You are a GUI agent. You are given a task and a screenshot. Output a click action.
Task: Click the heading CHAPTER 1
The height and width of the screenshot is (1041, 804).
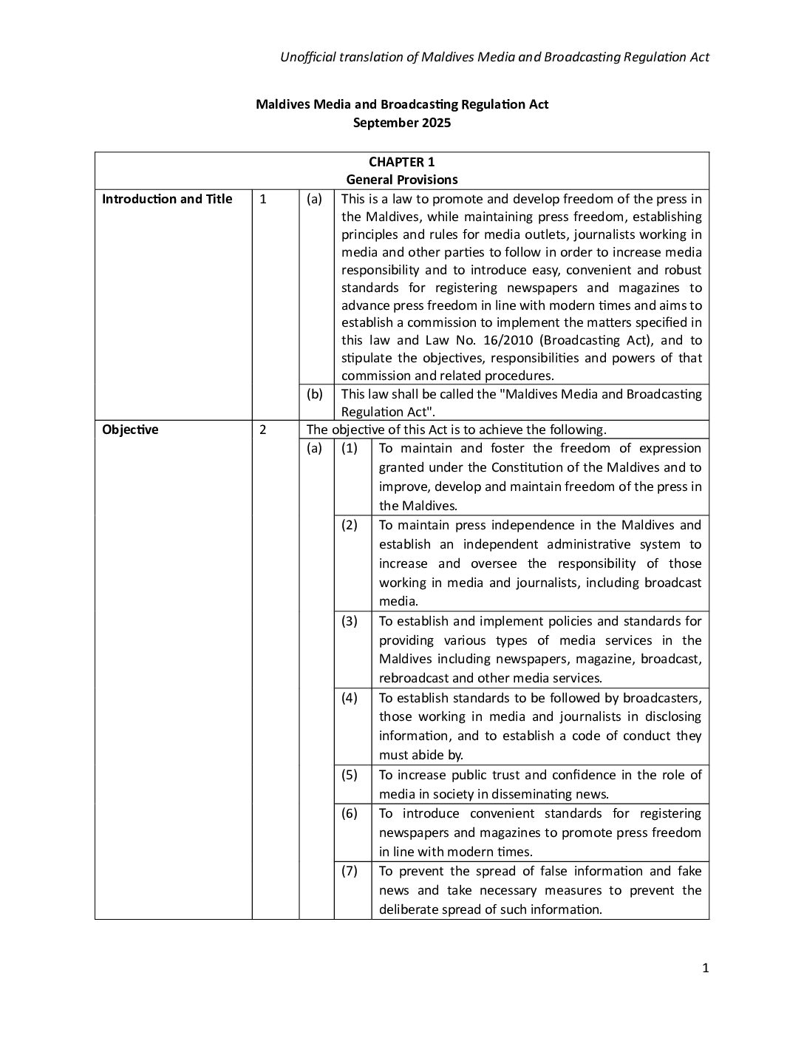click(401, 162)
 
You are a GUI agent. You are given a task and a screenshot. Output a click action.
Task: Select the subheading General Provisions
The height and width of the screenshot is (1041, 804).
click(401, 180)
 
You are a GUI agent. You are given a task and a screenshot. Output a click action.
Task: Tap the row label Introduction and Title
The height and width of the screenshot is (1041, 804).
click(167, 199)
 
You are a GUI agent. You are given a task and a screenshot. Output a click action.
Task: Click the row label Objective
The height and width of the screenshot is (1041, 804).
click(130, 430)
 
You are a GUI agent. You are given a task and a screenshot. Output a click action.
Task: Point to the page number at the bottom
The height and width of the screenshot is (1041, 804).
click(705, 969)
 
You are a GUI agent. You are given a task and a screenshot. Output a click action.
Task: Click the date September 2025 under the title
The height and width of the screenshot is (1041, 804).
click(401, 123)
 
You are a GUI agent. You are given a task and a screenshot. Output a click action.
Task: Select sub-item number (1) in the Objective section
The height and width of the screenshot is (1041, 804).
click(350, 448)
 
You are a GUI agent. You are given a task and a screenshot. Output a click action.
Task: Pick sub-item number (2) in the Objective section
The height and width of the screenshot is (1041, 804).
click(350, 525)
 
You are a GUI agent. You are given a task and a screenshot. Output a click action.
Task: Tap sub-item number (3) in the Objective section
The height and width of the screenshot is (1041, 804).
click(350, 621)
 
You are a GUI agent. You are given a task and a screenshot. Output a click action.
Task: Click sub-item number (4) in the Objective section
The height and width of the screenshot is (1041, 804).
click(350, 698)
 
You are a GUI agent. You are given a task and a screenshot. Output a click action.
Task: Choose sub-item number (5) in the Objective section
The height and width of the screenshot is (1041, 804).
click(350, 775)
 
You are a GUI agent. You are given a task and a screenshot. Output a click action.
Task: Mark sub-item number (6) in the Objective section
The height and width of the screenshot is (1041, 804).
click(350, 813)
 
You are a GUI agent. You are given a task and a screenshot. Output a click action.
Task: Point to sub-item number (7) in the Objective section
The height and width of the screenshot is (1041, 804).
click(350, 871)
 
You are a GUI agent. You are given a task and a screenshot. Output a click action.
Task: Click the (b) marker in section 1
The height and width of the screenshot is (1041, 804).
click(315, 394)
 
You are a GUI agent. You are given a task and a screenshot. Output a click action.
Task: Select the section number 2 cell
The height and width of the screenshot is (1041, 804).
click(263, 430)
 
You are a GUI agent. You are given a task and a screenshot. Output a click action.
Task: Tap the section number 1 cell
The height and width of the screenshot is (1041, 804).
click(263, 199)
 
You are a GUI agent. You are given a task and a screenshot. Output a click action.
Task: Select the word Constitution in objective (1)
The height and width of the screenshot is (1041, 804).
click(530, 467)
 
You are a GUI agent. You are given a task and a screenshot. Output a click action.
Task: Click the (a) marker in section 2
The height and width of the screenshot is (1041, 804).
click(315, 448)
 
